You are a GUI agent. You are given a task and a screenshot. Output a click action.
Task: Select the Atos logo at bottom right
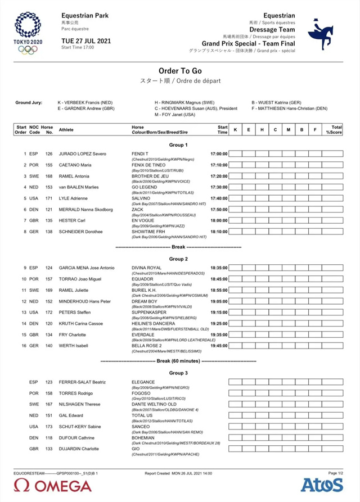click(322, 485)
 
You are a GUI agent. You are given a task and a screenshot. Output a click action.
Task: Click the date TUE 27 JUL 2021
click(86, 40)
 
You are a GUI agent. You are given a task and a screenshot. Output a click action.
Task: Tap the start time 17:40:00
click(219, 198)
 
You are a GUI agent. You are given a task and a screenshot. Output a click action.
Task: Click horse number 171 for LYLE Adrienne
click(49, 198)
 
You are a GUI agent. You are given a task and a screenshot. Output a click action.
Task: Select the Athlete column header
click(66, 130)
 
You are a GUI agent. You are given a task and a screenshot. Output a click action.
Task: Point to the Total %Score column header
click(336, 130)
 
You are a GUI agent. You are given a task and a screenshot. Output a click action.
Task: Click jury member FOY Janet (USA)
click(175, 115)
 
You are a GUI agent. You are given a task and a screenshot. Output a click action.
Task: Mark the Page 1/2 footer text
click(335, 473)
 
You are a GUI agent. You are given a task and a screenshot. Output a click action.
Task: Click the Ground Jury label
click(29, 103)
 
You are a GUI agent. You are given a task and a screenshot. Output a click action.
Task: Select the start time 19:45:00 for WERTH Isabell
click(219, 346)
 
